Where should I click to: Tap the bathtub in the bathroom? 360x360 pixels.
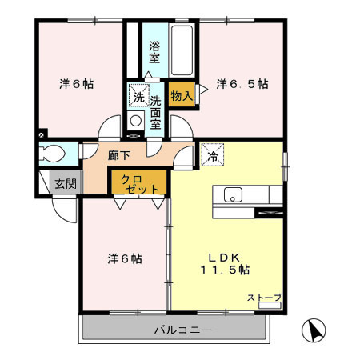(182, 50)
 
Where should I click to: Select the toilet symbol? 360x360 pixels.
(53, 154)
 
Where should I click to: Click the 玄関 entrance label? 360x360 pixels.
(66, 184)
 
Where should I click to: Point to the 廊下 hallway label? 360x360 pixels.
(119, 155)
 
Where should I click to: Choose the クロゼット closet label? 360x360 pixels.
(139, 184)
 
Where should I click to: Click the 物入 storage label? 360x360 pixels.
(182, 95)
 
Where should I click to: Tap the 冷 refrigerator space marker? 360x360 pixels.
(213, 154)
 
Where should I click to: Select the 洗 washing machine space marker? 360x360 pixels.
(139, 95)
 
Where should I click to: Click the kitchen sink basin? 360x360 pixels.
(233, 194)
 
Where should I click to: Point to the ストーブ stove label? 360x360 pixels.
(264, 298)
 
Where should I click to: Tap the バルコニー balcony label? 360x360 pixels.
(183, 330)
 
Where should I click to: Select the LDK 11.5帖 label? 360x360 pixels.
(225, 264)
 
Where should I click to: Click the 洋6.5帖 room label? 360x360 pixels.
(242, 84)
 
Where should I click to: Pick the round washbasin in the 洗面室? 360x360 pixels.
(136, 121)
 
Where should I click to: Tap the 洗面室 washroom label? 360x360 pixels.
(155, 113)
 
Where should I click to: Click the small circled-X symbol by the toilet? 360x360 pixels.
(41, 135)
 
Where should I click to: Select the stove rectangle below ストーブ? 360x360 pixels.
(270, 306)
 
